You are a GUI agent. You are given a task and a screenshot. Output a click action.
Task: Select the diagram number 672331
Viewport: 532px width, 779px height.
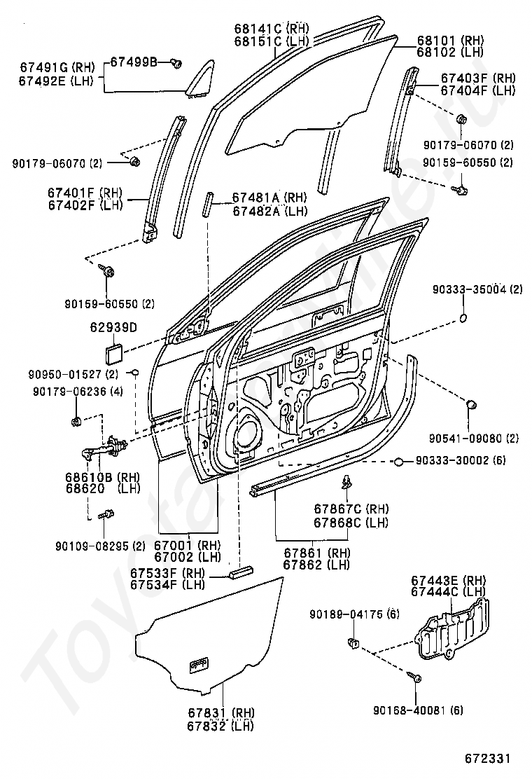487,759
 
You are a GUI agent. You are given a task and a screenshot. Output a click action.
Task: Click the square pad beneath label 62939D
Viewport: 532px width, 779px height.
113,354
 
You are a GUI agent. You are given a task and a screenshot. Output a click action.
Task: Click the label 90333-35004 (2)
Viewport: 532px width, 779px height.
477,289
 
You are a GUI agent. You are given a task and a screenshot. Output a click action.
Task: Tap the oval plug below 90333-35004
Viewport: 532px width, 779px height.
462,318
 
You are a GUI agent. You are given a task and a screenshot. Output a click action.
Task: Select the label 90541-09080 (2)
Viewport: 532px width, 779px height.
474,439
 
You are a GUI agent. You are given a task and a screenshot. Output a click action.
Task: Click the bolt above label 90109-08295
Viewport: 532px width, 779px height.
106,515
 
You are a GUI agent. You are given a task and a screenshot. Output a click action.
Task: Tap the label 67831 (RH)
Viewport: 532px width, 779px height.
220,714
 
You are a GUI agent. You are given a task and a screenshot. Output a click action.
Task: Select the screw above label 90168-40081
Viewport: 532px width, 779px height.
414,677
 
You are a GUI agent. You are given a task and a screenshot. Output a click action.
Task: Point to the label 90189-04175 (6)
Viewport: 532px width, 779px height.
354,614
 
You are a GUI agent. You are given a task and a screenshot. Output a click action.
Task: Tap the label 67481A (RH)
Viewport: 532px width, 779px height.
269,198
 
